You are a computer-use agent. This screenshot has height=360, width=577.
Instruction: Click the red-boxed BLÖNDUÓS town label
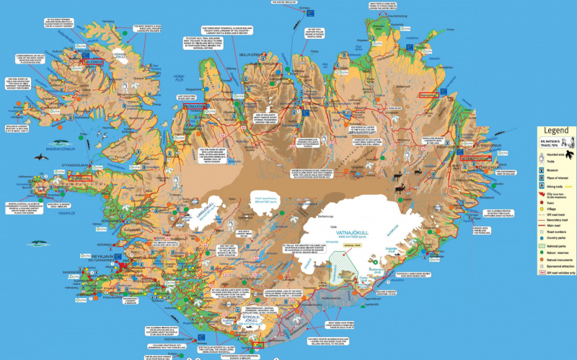tap(195, 106)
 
